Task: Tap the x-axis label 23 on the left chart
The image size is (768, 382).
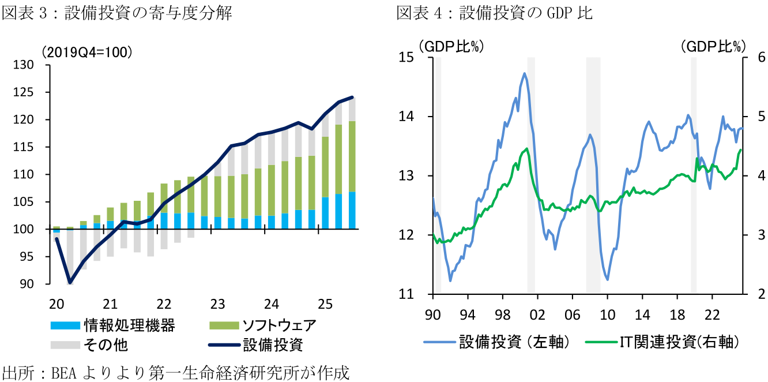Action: [217, 304]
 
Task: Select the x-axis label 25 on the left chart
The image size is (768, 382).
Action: [325, 304]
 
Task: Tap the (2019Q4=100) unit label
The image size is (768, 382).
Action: [86, 52]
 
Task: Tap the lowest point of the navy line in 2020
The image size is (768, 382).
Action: [70, 283]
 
